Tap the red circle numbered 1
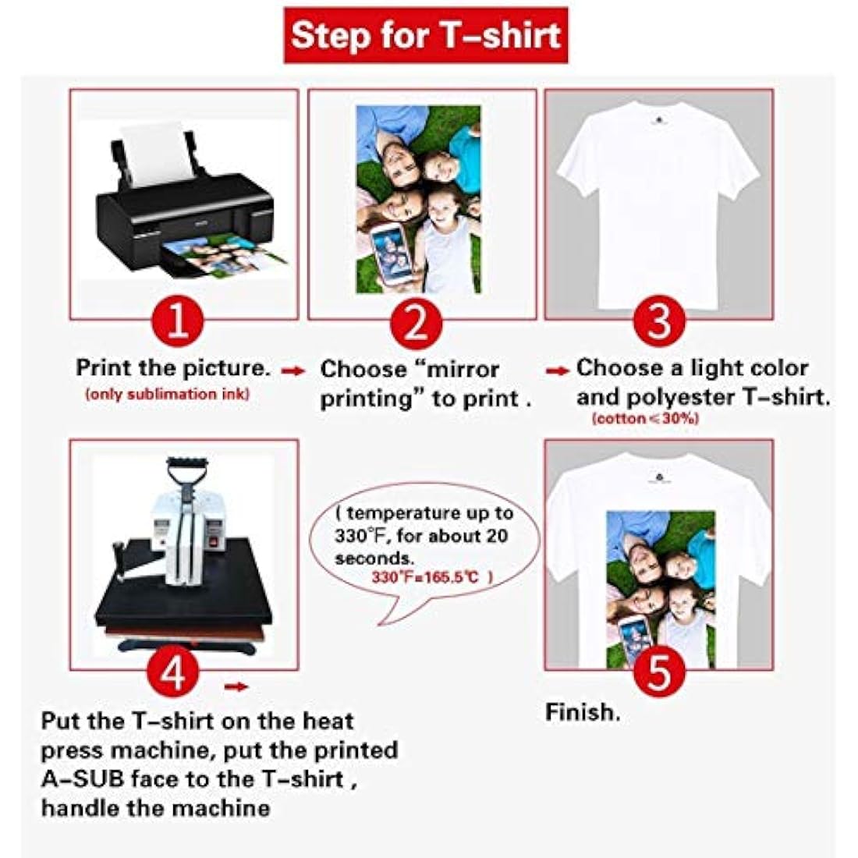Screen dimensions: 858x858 click(177, 322)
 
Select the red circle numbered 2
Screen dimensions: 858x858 click(416, 322)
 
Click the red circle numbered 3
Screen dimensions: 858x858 click(659, 322)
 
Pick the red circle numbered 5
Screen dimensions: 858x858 click(659, 672)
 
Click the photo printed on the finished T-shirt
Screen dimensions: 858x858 click(661, 589)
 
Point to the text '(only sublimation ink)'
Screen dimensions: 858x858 click(167, 394)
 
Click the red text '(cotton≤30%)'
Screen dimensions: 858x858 click(645, 419)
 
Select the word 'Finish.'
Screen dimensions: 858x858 click(583, 712)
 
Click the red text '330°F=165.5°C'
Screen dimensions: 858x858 click(425, 576)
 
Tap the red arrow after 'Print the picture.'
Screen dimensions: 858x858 click(292, 371)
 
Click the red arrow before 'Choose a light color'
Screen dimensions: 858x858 click(558, 371)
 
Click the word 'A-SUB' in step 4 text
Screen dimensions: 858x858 click(83, 778)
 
